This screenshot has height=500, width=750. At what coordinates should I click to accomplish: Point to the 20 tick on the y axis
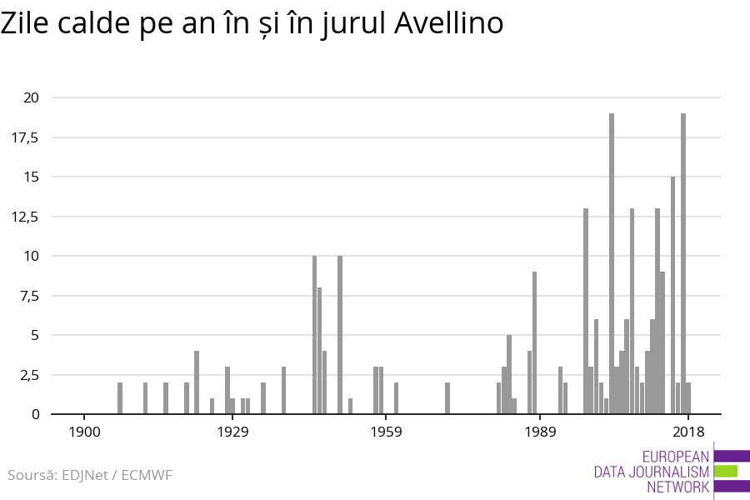(x=31, y=97)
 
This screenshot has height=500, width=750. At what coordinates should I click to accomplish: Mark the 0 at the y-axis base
(x=35, y=414)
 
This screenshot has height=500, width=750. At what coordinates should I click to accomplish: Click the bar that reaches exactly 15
(x=673, y=295)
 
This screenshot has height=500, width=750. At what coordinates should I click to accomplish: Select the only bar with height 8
(x=319, y=351)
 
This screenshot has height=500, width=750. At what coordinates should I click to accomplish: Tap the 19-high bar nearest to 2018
(x=683, y=263)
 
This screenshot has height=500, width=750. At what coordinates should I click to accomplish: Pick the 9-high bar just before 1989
(x=535, y=342)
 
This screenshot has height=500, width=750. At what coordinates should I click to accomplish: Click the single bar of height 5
(x=509, y=374)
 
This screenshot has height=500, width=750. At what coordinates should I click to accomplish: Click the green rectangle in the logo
(x=726, y=471)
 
